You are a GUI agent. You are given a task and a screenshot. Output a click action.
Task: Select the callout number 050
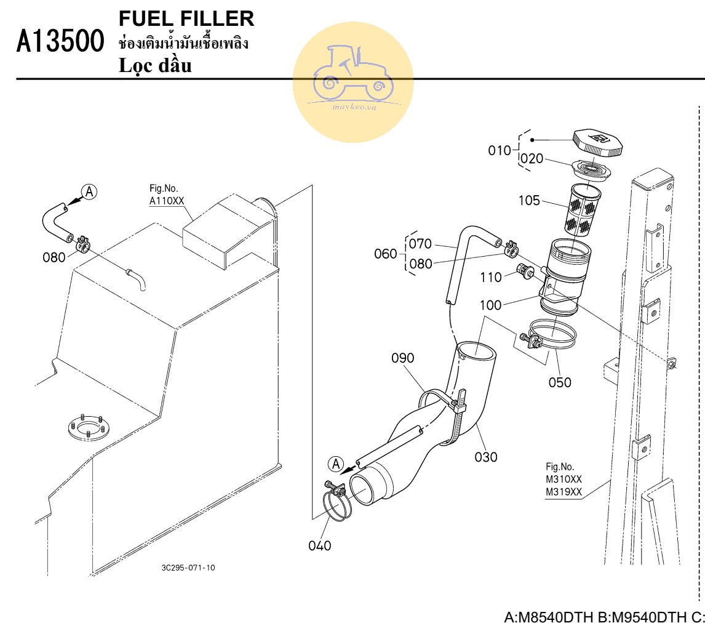click(560, 382)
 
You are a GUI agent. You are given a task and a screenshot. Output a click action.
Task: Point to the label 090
click(403, 358)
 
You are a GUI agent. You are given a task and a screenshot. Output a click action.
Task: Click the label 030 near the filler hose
click(486, 457)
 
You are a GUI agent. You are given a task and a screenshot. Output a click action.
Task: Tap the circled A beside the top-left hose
click(89, 191)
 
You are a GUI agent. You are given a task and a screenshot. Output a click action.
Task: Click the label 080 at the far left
click(54, 257)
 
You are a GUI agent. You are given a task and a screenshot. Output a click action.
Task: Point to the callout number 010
click(499, 150)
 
